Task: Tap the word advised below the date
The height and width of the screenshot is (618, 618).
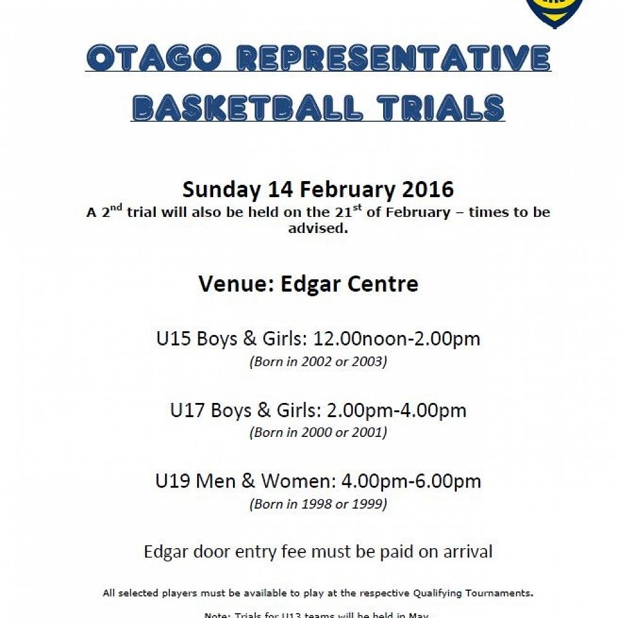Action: coord(318,229)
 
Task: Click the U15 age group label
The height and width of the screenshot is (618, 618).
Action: coord(174,339)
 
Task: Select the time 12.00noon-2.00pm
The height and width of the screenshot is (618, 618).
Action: coord(397,339)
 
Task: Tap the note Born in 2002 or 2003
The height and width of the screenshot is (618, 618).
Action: coord(318,362)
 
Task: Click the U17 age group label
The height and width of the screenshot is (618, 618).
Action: coord(188,410)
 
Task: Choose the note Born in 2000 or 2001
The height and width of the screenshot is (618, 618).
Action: coord(318,433)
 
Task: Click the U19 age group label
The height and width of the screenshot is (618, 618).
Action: coord(174,481)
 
